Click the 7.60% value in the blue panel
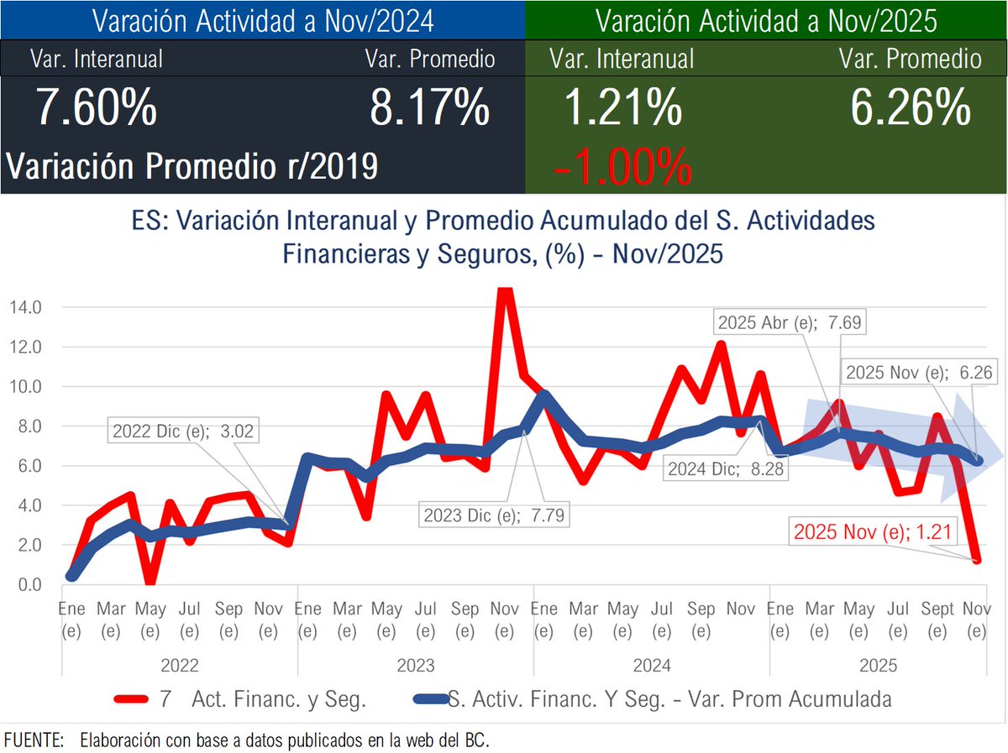(96, 108)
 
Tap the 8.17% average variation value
(429, 108)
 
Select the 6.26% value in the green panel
(911, 108)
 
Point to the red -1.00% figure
(622, 166)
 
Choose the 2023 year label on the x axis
(416, 666)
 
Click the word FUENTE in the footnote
(34, 740)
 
